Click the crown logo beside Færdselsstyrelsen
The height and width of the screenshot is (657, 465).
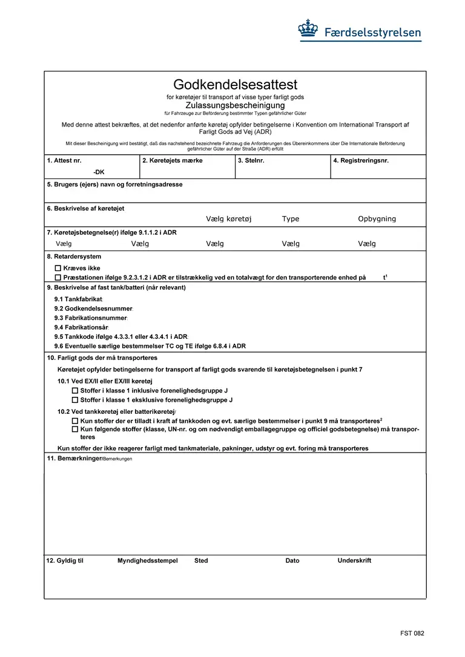(308, 29)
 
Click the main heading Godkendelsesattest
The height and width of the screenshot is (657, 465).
(235, 85)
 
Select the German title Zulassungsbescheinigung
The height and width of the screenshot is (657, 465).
(235, 105)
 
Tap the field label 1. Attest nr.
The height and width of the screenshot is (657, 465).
(64, 161)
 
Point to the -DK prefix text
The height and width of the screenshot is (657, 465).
(99, 172)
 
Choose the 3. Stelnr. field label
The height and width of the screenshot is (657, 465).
(251, 161)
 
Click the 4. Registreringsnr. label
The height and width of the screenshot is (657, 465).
(361, 161)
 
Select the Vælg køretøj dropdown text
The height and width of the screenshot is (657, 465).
(228, 219)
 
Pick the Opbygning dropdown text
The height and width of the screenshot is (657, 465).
(377, 219)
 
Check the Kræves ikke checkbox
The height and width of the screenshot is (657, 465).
(58, 268)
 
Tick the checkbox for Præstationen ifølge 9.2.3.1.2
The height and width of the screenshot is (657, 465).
(58, 278)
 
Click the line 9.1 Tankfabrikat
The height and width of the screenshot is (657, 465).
(79, 299)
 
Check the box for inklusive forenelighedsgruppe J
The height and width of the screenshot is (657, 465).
(75, 391)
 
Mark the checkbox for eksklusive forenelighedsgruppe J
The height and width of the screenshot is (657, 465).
(75, 400)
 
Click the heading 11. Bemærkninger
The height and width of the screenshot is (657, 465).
(73, 459)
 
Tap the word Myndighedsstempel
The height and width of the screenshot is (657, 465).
(148, 561)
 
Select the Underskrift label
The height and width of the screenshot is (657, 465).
(354, 561)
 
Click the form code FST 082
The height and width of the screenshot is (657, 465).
(412, 633)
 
